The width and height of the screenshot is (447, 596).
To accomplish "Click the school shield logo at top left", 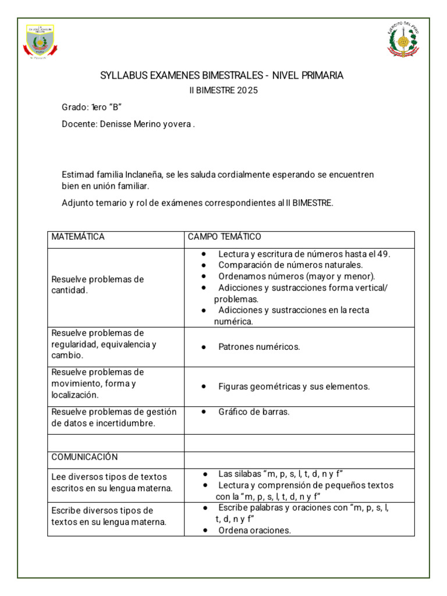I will tap(41, 41).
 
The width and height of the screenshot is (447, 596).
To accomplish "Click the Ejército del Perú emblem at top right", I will tap(403, 40).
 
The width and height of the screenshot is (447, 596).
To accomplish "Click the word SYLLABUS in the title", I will tap(120, 76).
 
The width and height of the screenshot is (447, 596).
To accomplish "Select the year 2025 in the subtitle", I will tap(247, 91).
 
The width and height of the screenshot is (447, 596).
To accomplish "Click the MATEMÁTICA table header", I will tap(78, 237).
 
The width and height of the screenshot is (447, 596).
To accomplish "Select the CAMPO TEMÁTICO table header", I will tap(224, 237).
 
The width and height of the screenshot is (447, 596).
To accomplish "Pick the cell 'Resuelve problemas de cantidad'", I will tap(97, 285).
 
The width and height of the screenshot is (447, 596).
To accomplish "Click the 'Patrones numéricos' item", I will tap(259, 347).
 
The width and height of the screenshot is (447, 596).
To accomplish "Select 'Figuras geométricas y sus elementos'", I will tap(294, 386).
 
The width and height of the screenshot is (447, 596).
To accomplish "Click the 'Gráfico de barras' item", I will tap(254, 412).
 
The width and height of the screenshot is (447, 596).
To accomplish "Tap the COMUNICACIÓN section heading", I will tap(84, 457).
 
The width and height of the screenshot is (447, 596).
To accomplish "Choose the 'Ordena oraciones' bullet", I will tap(254, 530).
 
